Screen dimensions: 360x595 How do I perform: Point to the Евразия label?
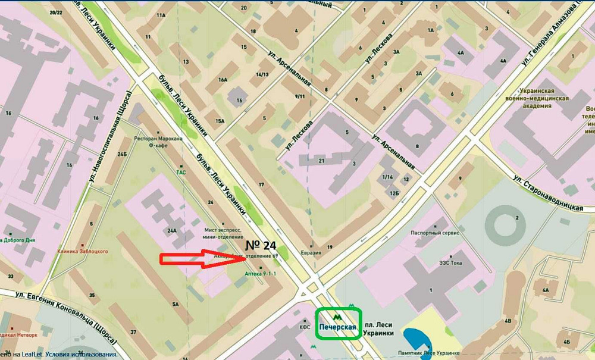click(311, 252)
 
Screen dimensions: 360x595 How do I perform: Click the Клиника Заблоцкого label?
click(83, 251)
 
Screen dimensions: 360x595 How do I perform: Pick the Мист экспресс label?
click(223, 229)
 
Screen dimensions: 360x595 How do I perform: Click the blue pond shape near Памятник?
click(416, 340)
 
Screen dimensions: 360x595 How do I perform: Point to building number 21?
click(321, 161)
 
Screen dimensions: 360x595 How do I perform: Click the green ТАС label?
click(181, 173)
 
